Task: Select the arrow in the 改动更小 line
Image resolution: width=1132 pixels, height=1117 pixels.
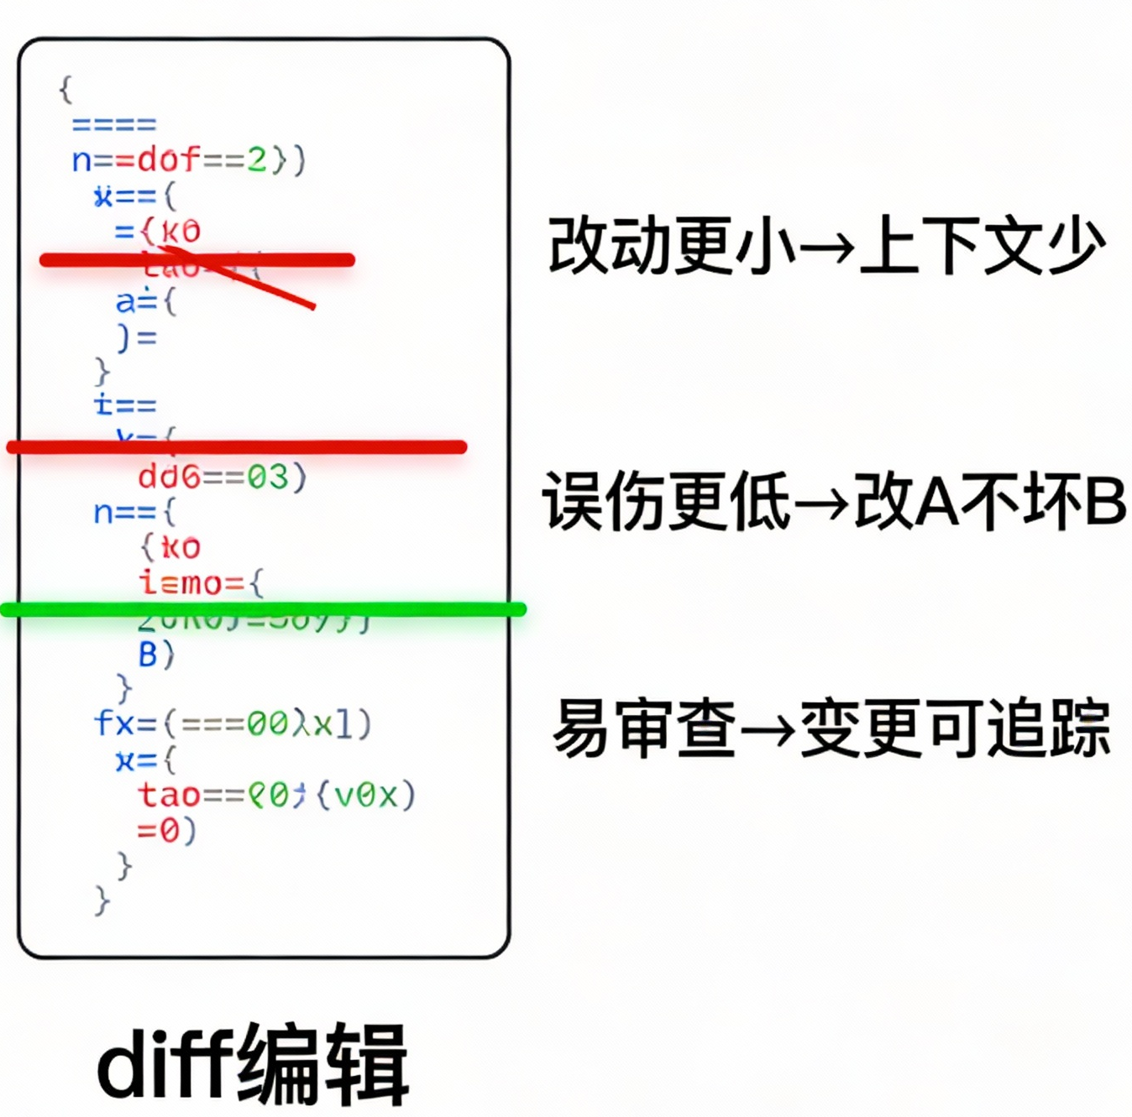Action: point(826,248)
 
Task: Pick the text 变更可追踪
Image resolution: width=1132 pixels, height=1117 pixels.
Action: point(956,728)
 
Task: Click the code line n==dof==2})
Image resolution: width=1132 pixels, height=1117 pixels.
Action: point(189,159)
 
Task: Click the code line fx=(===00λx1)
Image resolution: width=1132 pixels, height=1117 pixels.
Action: point(233,723)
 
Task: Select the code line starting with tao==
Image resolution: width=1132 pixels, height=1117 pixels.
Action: point(276,794)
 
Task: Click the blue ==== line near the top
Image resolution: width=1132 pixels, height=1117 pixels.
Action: point(114,125)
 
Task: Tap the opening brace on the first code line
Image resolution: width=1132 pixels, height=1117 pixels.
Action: point(66,89)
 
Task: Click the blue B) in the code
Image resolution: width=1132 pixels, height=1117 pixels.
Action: point(156,654)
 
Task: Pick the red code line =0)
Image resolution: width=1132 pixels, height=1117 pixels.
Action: point(166,830)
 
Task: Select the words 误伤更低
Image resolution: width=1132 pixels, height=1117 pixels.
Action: point(666,502)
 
